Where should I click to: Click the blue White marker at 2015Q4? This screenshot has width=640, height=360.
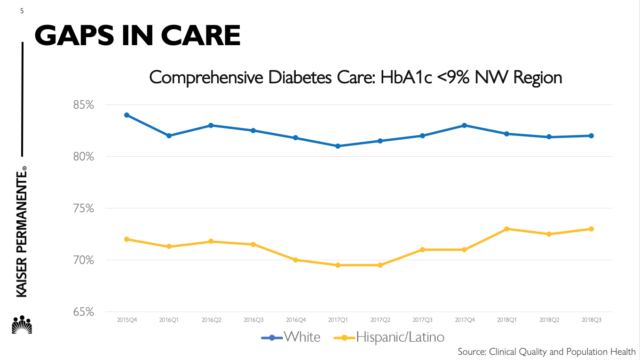[x=126, y=115]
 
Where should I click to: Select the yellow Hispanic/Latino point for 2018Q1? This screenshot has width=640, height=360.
[x=506, y=229]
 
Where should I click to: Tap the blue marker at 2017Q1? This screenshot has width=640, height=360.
[x=338, y=146]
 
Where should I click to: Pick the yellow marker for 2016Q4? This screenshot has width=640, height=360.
[x=296, y=260]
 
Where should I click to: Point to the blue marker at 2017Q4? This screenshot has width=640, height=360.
[x=464, y=125]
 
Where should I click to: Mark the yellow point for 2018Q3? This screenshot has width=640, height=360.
[x=591, y=229]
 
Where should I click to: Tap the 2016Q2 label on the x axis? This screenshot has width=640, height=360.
[x=211, y=320]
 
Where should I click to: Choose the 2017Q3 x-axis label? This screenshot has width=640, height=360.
[x=422, y=320]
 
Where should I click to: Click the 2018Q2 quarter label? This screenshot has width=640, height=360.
[x=549, y=320]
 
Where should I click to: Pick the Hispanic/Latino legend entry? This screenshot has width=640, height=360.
[x=400, y=337]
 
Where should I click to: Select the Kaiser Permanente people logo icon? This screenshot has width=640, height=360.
[x=22, y=325]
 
